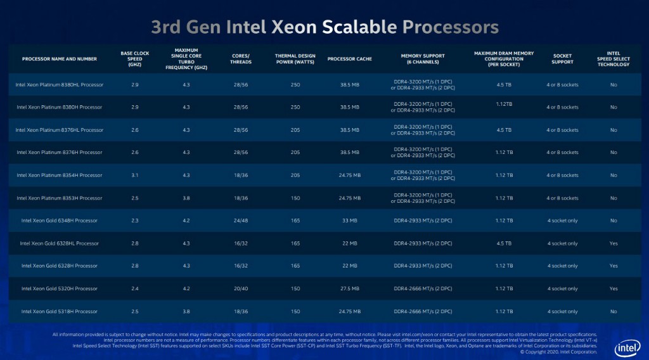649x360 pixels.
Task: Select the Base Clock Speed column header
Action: click(x=134, y=59)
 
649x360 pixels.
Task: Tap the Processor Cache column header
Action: click(x=349, y=59)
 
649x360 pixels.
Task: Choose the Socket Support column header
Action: click(x=562, y=59)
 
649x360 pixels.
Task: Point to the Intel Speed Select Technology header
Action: click(x=614, y=59)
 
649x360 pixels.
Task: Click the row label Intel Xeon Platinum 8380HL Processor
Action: click(x=60, y=84)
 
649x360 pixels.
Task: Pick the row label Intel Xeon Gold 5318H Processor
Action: click(x=60, y=312)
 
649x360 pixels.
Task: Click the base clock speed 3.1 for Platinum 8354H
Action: click(x=134, y=176)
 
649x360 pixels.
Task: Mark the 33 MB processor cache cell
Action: click(x=349, y=221)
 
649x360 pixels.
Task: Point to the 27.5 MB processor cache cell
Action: click(x=349, y=289)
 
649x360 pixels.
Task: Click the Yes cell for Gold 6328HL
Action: click(x=614, y=243)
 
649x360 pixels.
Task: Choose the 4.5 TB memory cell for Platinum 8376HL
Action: click(x=504, y=130)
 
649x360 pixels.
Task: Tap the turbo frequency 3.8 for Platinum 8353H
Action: click(x=186, y=198)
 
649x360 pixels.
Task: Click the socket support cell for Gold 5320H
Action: click(x=562, y=289)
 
